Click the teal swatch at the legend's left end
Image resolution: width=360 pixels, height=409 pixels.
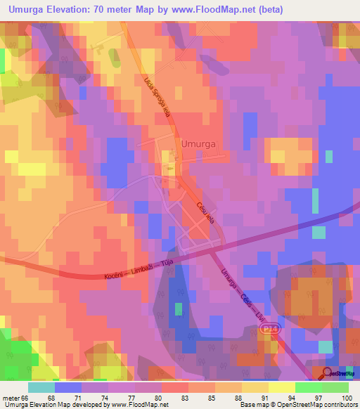[41, 387]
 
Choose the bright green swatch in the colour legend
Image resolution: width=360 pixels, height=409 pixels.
[308, 387]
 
